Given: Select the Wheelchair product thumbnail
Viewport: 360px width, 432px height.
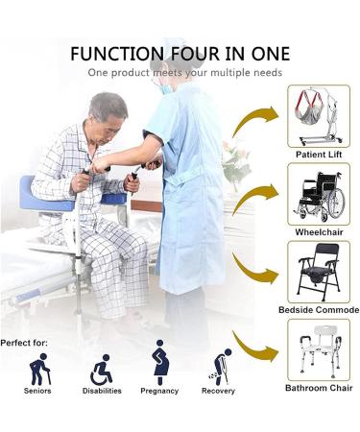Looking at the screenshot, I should coord(318,193).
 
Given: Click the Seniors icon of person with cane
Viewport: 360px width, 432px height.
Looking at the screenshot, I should coord(39,369).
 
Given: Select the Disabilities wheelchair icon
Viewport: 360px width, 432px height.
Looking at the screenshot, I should coord(101,369).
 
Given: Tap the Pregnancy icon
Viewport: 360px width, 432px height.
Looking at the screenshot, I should coord(160,365).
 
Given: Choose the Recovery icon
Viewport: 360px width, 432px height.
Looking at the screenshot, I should coord(219,368).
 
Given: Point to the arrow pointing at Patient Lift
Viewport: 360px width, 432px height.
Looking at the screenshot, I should coord(252,121).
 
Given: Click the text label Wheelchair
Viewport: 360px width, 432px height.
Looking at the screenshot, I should coord(318,231).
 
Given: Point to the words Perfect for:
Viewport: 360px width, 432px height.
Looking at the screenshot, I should coord(26,342).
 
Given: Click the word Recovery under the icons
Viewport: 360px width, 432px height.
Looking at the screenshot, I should coord(219,391).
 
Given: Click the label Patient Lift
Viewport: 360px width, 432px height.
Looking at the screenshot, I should coord(318,154).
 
